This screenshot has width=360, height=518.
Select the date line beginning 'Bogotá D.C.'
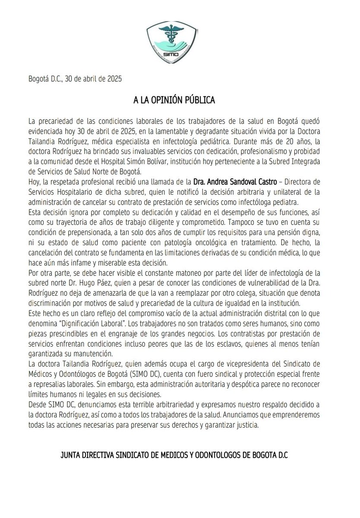click(x=69, y=79)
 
